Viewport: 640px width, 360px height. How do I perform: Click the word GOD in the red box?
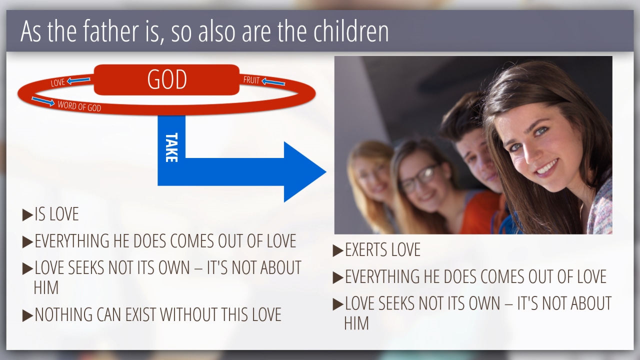pyautogui.click(x=167, y=79)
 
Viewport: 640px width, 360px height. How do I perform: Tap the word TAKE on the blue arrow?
pyautogui.click(x=171, y=147)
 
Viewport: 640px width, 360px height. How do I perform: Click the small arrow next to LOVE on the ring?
pyautogui.click(x=78, y=80)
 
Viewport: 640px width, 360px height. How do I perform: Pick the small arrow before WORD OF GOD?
pyautogui.click(x=43, y=101)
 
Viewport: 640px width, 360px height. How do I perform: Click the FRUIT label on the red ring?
pyautogui.click(x=251, y=80)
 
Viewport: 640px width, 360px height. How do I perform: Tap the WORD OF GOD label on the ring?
pyautogui.click(x=79, y=106)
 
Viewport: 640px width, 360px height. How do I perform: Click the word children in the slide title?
pyautogui.click(x=351, y=31)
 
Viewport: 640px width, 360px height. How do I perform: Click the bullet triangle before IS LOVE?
pyautogui.click(x=27, y=215)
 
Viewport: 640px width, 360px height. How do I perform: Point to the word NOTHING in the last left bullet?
pyautogui.click(x=63, y=314)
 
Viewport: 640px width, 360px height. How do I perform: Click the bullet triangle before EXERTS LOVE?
pyautogui.click(x=338, y=250)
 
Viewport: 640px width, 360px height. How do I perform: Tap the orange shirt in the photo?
pyautogui.click(x=480, y=211)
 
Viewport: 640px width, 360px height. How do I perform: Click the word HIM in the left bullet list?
pyautogui.click(x=46, y=287)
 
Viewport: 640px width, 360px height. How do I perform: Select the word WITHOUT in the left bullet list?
pyautogui.click(x=188, y=314)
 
